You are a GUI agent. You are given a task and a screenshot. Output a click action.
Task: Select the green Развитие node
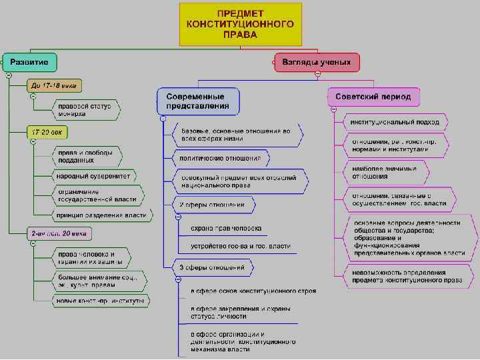(29, 62)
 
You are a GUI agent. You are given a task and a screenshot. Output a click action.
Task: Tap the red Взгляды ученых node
(316, 62)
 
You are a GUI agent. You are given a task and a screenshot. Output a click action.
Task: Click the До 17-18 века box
(54, 85)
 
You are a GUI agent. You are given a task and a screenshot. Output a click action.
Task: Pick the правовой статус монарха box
(85, 109)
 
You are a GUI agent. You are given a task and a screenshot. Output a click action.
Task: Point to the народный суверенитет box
(93, 177)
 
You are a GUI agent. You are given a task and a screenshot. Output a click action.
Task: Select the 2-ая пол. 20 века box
(59, 234)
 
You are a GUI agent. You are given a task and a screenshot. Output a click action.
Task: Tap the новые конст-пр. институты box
(100, 301)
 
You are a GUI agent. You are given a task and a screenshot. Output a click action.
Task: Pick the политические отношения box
(221, 159)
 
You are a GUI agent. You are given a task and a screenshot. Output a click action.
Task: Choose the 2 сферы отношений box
(213, 204)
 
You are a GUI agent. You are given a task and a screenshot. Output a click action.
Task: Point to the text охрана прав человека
(226, 228)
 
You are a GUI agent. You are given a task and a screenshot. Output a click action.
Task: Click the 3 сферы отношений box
(213, 268)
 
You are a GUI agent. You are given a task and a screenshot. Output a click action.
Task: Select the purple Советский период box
(373, 96)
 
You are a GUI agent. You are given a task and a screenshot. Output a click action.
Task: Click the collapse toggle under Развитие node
(8, 75)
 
